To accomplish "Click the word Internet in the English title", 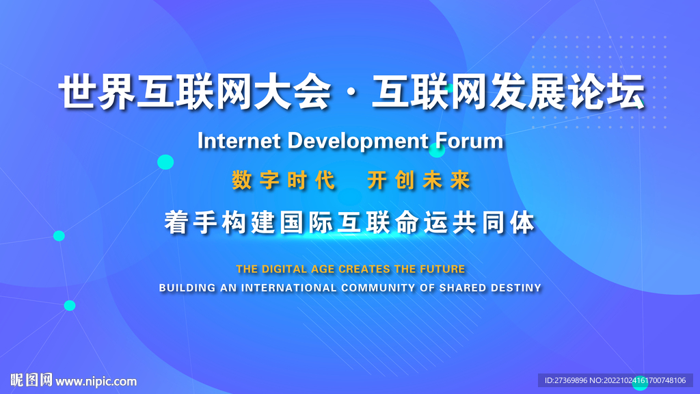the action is click(x=239, y=141).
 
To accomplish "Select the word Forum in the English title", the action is click(x=469, y=141).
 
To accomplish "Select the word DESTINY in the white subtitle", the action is click(x=516, y=288).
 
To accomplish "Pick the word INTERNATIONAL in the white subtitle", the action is click(x=289, y=288).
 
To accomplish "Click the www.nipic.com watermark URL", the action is click(x=96, y=382).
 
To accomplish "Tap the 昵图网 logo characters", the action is click(x=31, y=380).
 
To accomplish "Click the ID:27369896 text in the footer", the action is click(x=565, y=380).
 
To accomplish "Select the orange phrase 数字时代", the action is click(x=284, y=181).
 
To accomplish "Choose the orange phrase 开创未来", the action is click(x=419, y=181).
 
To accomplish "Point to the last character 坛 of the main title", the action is click(x=628, y=92).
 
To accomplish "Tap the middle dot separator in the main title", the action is click(x=351, y=93).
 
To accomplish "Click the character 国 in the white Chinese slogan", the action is click(x=293, y=222).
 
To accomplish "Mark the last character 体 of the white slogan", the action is click(x=523, y=222).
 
